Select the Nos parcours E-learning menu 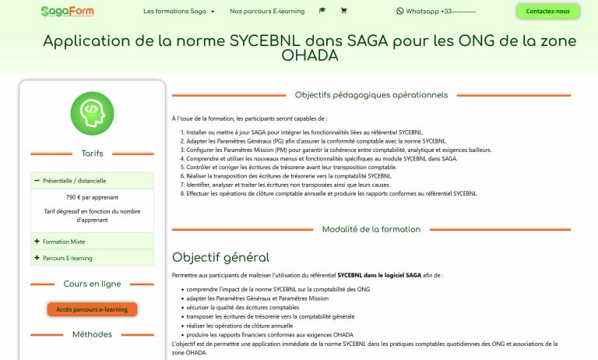(x=267, y=12)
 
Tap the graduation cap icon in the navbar (x=322, y=12)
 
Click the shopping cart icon (x=343, y=12)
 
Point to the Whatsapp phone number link (x=435, y=12)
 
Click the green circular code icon (x=92, y=114)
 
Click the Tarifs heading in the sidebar (x=92, y=154)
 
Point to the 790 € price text (x=92, y=197)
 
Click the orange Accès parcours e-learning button (x=92, y=309)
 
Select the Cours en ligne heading (x=92, y=284)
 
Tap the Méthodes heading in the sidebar (x=92, y=334)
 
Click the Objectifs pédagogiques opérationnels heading (x=371, y=95)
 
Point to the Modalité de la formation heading (x=371, y=229)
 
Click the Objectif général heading (x=221, y=257)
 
